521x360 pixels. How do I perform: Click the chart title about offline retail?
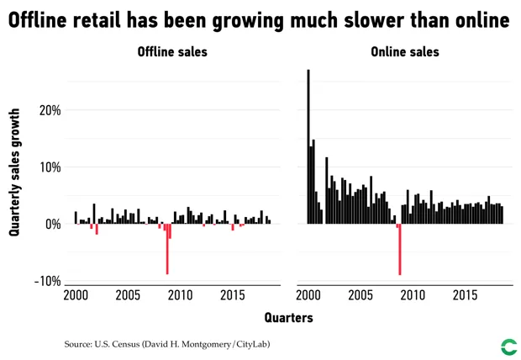(259, 20)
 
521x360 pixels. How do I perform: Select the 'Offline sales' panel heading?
(172, 52)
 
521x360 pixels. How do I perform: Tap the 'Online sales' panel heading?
(404, 52)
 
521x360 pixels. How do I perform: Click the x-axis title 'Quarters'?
(288, 317)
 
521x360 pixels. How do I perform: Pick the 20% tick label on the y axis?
(49, 110)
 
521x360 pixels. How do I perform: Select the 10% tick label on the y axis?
(49, 167)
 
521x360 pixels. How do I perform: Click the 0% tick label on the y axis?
(52, 224)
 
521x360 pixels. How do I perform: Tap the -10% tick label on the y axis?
(46, 281)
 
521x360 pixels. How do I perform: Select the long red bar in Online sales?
(400, 249)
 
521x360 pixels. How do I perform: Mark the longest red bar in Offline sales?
(167, 249)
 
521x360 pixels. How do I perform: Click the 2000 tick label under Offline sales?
(76, 295)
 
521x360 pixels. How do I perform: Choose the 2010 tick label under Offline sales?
(180, 295)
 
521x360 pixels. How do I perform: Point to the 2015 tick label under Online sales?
(465, 295)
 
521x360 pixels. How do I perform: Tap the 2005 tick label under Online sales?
(360, 295)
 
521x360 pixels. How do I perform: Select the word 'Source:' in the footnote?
(81, 344)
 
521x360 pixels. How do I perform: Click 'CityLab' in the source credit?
(250, 344)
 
